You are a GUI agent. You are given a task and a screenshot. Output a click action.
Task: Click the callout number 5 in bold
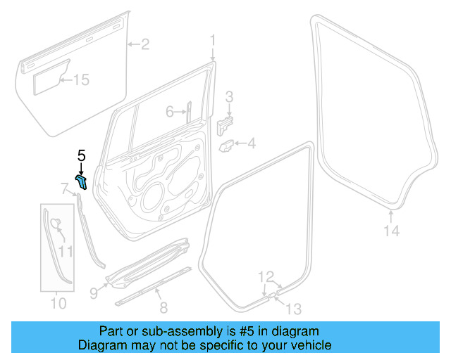click(x=81, y=155)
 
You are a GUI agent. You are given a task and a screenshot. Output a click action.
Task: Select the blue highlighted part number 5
click(x=82, y=182)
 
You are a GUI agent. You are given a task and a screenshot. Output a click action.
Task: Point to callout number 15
click(x=82, y=80)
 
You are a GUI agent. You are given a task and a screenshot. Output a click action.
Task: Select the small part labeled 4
click(x=229, y=145)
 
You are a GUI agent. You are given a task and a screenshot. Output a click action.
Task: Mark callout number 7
click(x=65, y=188)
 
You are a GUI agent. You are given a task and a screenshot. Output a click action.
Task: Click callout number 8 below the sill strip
click(x=163, y=307)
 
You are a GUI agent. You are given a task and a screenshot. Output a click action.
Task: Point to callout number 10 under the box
click(x=58, y=304)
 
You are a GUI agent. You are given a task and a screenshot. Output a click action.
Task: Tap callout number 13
click(x=292, y=307)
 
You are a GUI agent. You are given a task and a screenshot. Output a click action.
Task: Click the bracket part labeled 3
click(x=225, y=124)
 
